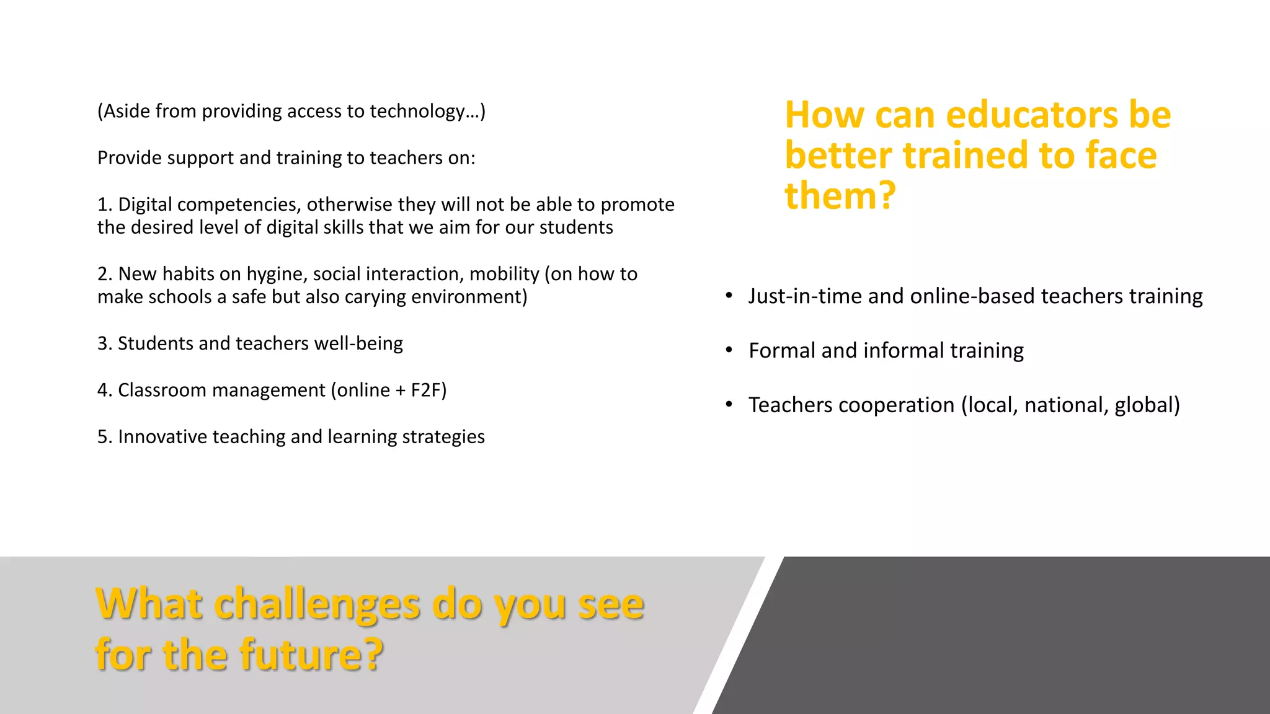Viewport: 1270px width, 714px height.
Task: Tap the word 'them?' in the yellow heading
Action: coord(840,196)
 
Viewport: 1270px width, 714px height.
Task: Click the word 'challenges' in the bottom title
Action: coord(317,604)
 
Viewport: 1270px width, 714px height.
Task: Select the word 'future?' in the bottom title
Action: coord(312,655)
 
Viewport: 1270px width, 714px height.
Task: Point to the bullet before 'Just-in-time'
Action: coord(729,296)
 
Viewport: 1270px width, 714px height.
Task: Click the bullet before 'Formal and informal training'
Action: coord(729,350)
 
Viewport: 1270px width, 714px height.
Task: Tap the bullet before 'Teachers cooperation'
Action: coord(729,405)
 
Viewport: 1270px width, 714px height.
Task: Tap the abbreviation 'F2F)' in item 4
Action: coord(429,390)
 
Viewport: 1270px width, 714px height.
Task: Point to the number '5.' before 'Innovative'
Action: coord(104,437)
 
